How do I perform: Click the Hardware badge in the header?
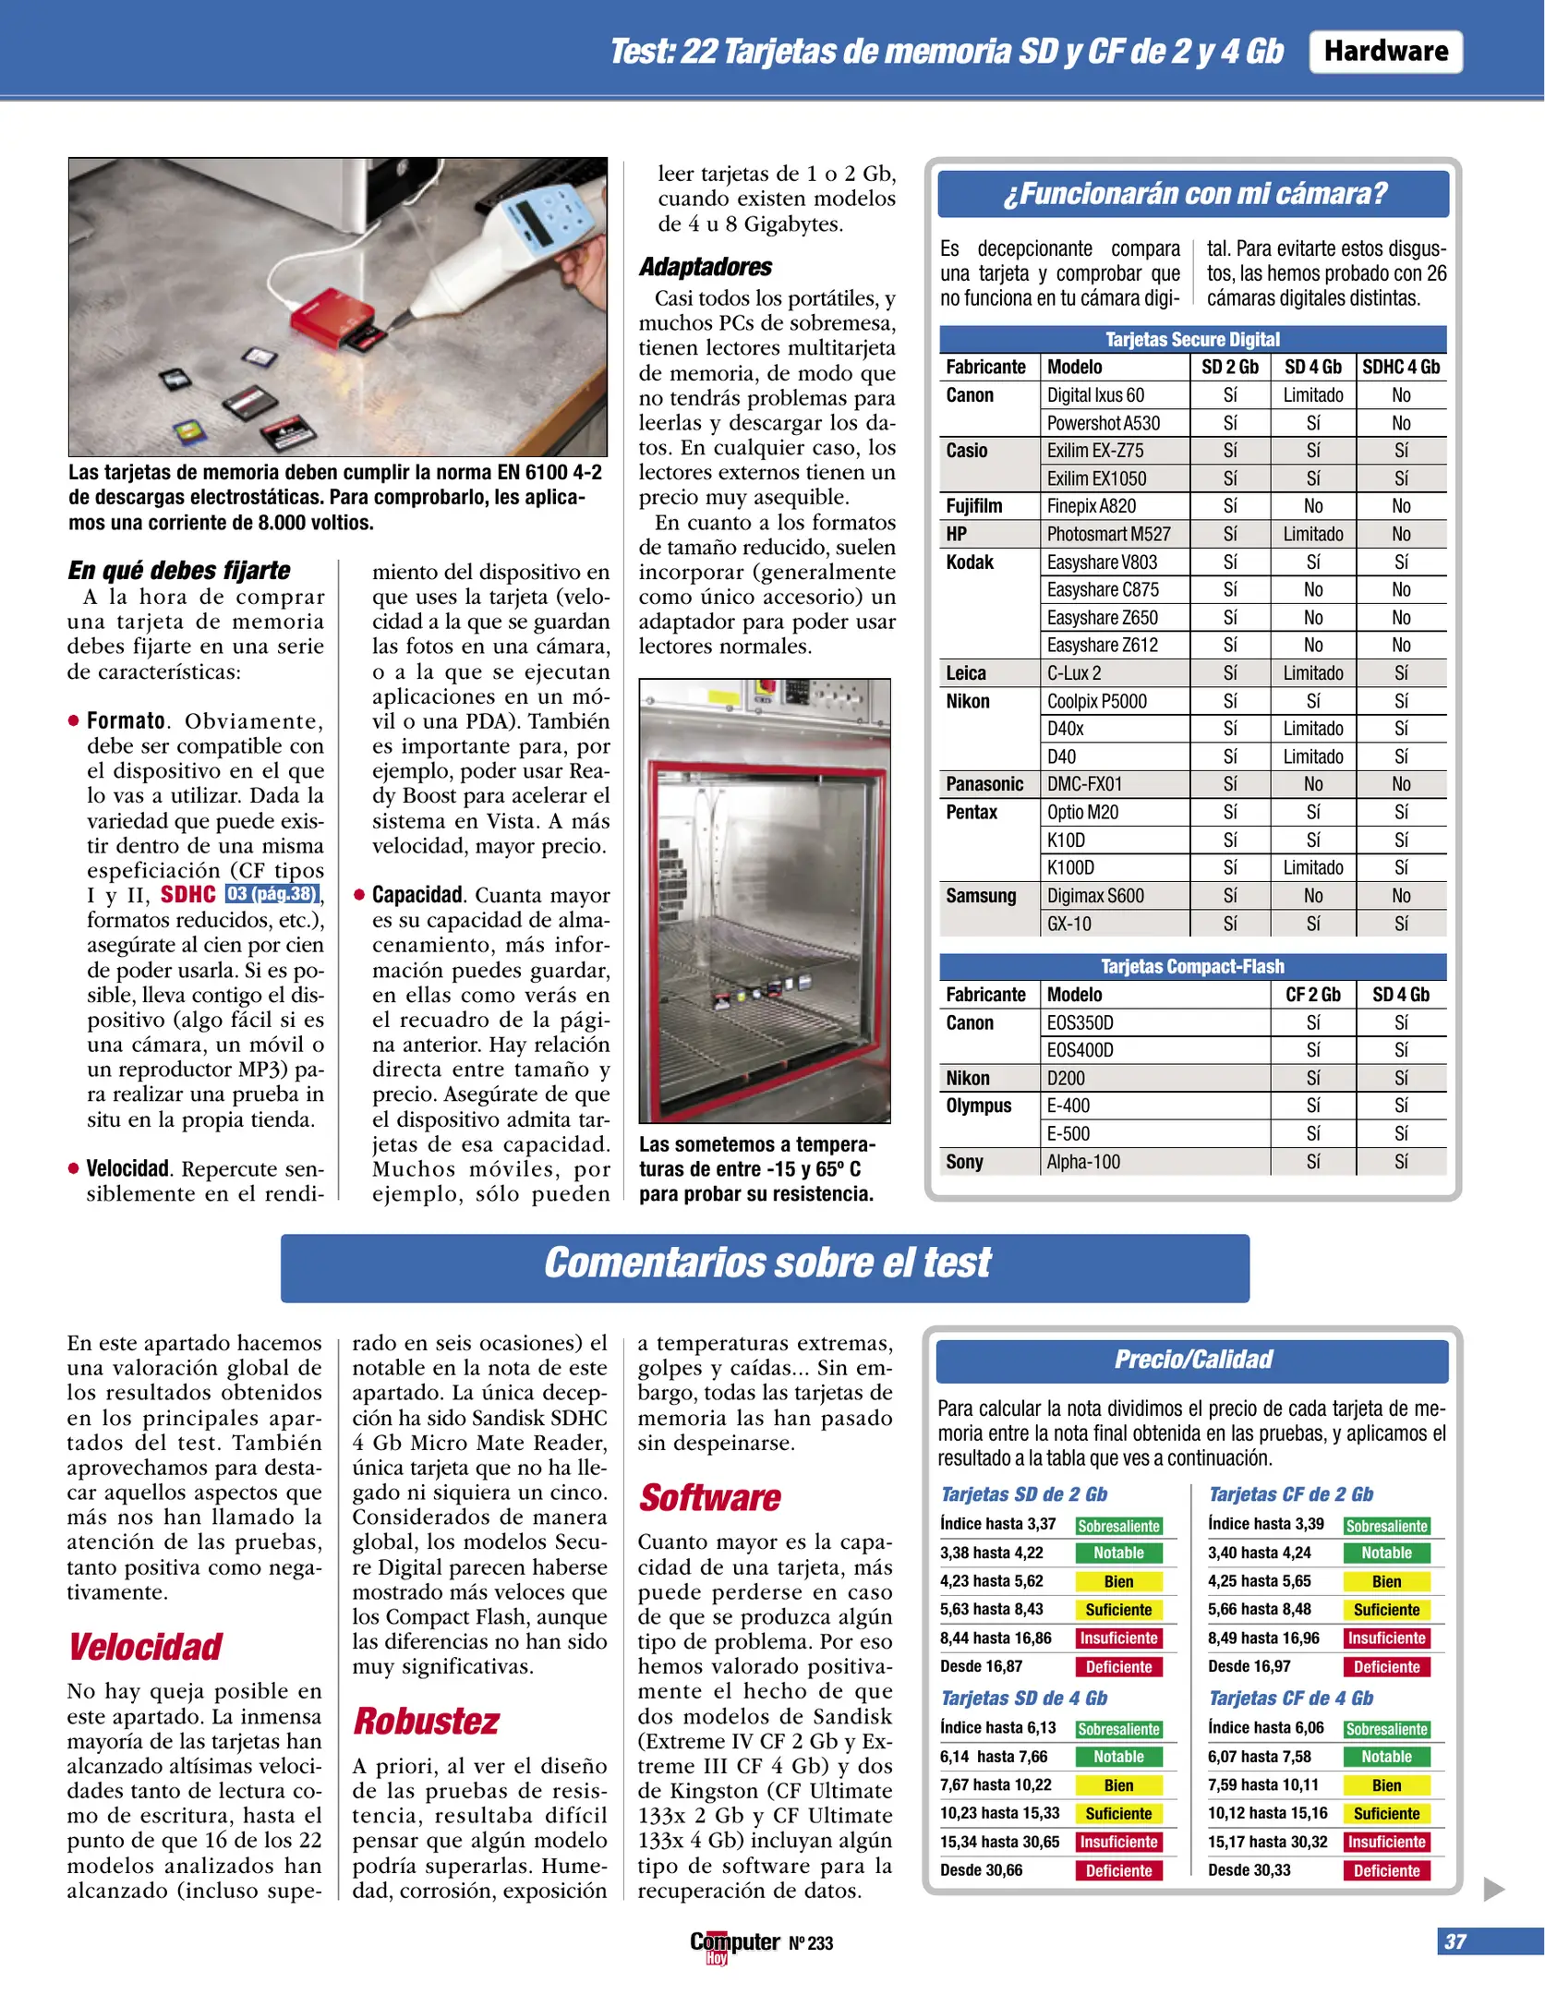pos(1385,52)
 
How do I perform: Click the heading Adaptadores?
pos(706,268)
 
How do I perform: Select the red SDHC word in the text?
pos(188,894)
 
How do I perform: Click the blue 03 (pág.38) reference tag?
pos(272,894)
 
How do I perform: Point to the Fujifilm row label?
pos(973,506)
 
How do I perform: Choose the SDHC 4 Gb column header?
pos(1401,368)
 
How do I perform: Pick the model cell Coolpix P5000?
pos(1096,701)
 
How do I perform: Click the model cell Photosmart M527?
pos(1108,534)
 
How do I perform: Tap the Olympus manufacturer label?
pos(978,1106)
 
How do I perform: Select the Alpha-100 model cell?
pos(1083,1162)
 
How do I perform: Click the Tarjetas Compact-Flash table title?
pos(1192,967)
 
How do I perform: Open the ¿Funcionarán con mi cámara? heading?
pos(1193,194)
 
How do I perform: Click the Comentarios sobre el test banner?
pos(766,1263)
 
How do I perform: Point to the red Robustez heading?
pos(427,1722)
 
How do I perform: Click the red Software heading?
pos(709,1498)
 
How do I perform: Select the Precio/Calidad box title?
pos(1192,1360)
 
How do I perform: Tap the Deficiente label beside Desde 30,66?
pos(1118,1870)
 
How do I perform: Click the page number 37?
pos(1455,1941)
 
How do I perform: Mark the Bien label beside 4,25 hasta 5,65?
pos(1386,1582)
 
